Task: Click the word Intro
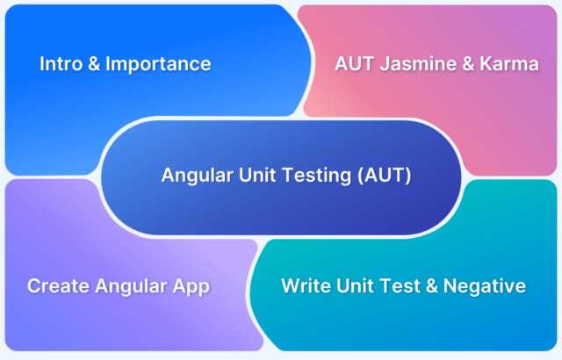tap(61, 64)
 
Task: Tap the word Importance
tap(158, 64)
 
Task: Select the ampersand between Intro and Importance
tap(94, 64)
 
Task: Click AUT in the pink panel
tap(355, 64)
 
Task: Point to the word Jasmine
tap(418, 64)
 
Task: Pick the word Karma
tap(509, 64)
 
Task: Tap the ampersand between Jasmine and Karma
tap(468, 64)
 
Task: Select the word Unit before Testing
tap(257, 175)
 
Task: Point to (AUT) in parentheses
tap(385, 175)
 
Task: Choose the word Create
tap(59, 286)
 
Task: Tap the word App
tap(191, 287)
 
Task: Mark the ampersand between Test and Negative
tap(432, 285)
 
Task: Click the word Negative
tap(485, 286)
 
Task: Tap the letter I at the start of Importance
tap(107, 64)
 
